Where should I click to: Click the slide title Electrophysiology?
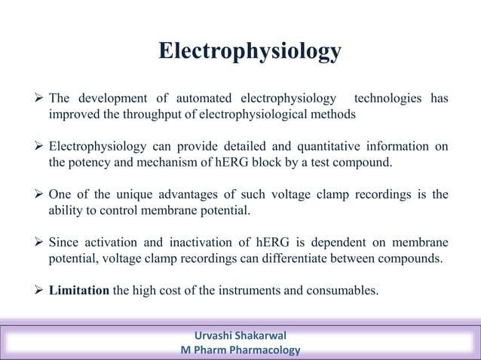coord(250,51)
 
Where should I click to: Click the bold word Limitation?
coord(79,291)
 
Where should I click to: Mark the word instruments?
coord(244,291)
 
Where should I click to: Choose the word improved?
coord(73,114)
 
